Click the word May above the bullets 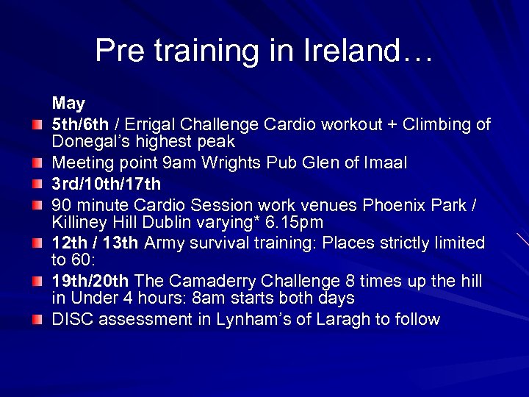(x=68, y=104)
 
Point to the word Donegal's (x=86, y=141)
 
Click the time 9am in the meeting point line (x=181, y=162)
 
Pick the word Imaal (x=384, y=162)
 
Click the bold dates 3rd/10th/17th (x=106, y=183)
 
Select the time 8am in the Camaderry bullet (x=209, y=298)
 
